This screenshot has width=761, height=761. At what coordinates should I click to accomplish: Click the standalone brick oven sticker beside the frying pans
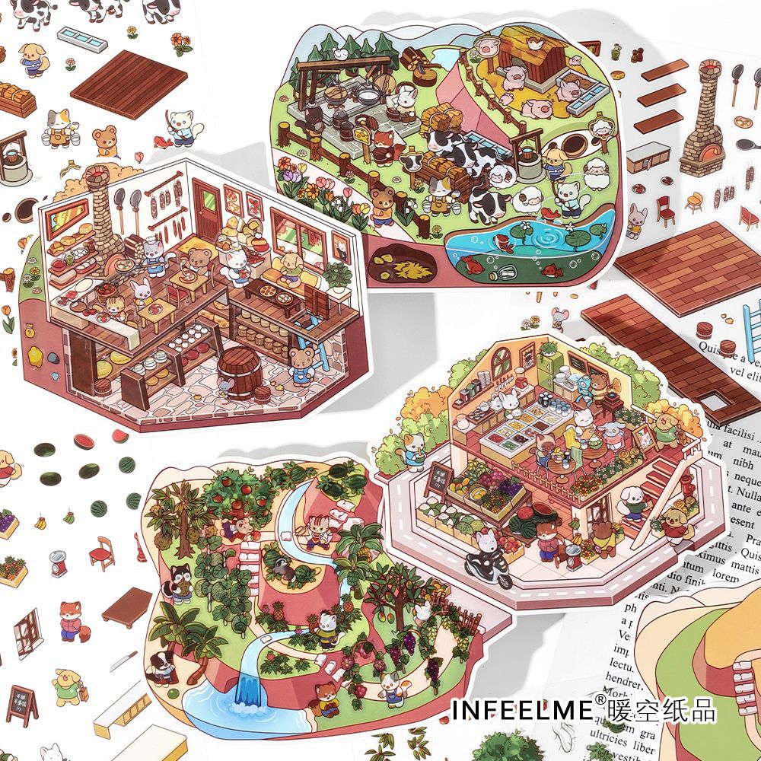pos(702,122)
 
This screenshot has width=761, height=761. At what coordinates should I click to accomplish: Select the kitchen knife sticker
pos(122,660)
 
